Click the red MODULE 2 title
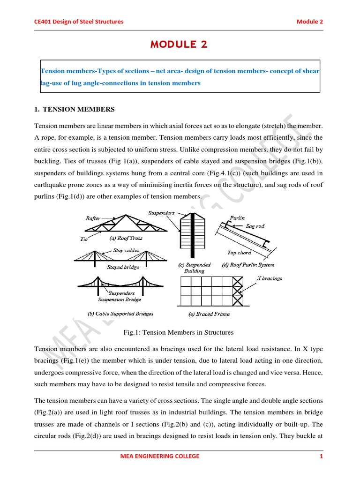point(178,45)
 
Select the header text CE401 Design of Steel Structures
point(79,22)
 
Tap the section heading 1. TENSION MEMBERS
point(75,109)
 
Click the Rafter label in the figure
point(93,218)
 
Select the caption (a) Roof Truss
point(126,238)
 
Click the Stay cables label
point(126,250)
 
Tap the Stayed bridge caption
point(123,267)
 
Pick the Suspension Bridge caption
point(120,300)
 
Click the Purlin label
point(237,218)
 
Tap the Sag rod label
point(255,226)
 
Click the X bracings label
point(270,278)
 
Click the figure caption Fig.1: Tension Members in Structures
point(178,332)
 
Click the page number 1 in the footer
point(322,457)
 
